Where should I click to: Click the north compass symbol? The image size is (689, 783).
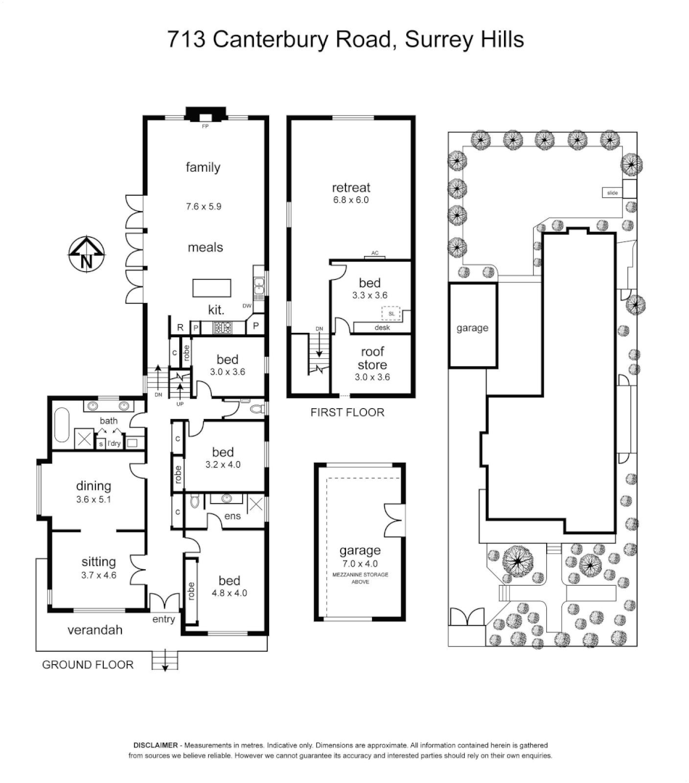(86, 254)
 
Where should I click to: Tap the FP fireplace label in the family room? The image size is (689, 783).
(205, 125)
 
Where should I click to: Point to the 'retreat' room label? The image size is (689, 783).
(351, 188)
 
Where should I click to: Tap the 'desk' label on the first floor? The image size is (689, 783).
(382, 328)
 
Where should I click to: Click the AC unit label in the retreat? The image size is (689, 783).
(375, 253)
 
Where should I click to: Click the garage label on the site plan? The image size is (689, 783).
(472, 328)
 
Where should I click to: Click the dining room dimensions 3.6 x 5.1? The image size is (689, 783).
(94, 500)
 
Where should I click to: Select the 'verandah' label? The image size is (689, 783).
(94, 630)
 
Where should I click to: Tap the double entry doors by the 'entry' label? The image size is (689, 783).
(165, 602)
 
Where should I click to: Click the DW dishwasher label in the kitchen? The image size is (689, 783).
(247, 306)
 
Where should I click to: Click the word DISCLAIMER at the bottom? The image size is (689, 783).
(155, 745)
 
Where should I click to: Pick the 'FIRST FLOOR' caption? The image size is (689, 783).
(347, 413)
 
